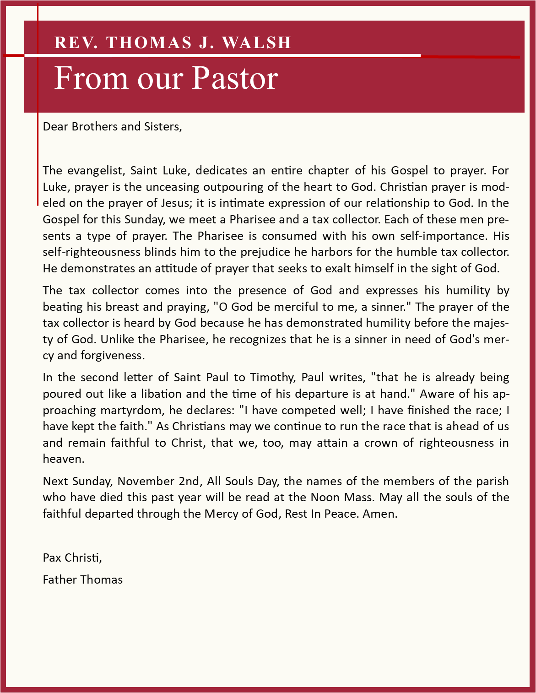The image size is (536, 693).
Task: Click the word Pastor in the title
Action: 234,78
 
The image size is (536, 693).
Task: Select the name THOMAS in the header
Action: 149,43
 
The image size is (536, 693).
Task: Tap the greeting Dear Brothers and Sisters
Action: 112,127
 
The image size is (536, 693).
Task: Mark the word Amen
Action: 379,514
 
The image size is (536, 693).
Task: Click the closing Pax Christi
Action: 72,558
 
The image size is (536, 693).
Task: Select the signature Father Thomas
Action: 82,580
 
